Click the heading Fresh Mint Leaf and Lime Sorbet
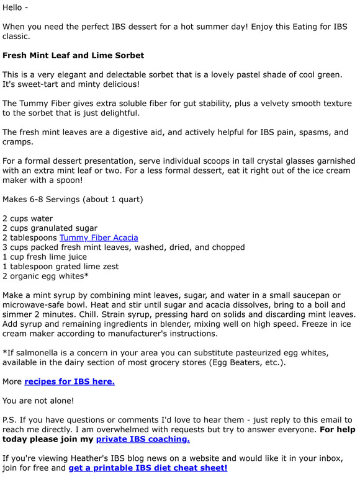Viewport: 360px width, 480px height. point(73,56)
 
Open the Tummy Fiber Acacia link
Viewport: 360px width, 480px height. point(99,238)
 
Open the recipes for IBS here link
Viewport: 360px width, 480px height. point(70,381)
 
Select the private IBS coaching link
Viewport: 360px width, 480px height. point(143,439)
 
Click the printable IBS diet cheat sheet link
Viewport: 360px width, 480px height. point(148,468)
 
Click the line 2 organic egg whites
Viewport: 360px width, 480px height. point(45,276)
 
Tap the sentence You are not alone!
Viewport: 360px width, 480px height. point(38,401)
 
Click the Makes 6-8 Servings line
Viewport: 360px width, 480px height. point(73,199)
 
